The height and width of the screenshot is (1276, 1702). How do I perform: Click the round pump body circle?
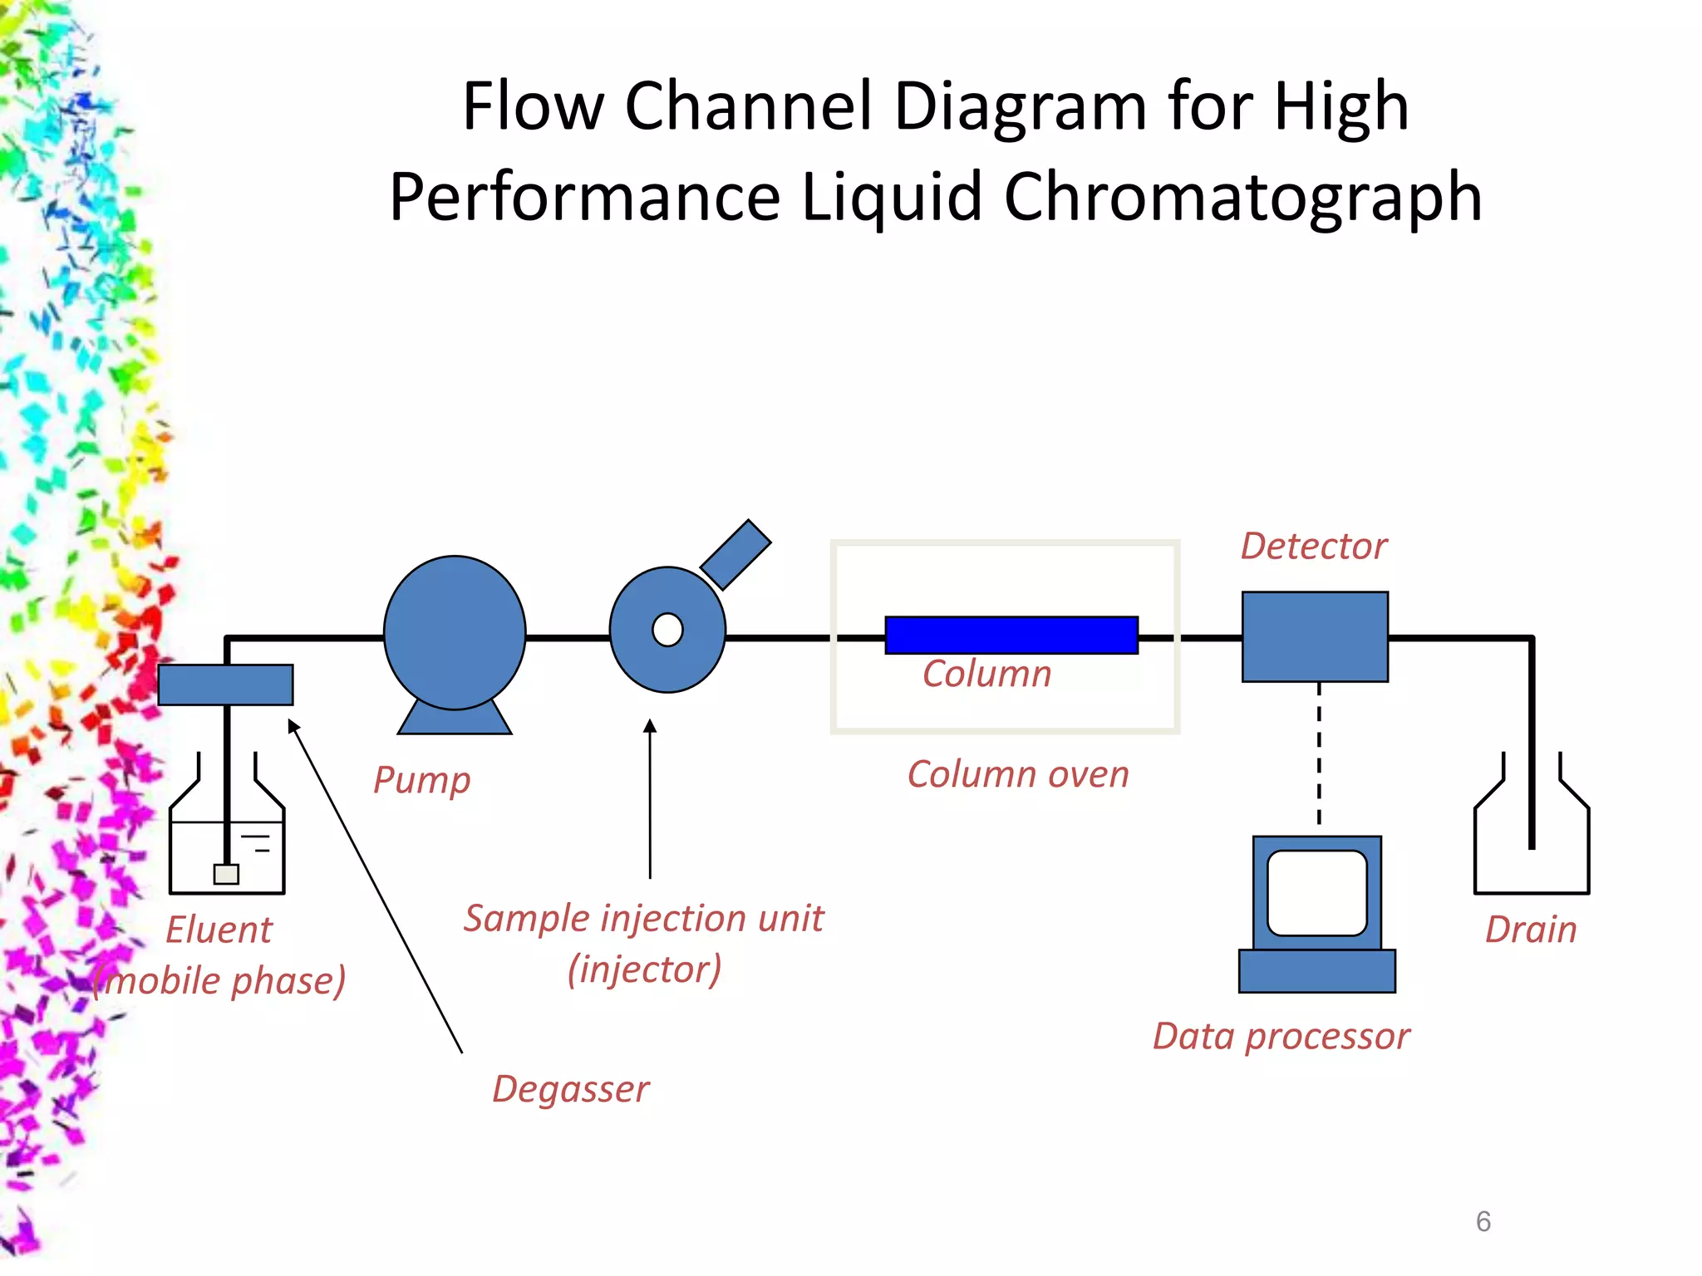point(455,632)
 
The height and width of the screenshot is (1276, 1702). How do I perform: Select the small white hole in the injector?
point(667,630)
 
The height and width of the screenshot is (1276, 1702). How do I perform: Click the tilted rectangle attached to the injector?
point(735,555)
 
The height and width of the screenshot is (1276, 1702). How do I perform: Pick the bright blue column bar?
point(1011,635)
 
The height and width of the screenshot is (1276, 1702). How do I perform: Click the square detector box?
point(1315,636)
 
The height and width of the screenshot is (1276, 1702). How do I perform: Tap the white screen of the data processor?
point(1317,892)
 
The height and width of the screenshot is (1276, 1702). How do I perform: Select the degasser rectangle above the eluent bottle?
point(225,685)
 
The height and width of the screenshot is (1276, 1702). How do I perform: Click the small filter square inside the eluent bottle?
point(226,874)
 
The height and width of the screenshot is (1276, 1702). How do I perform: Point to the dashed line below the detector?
point(1319,752)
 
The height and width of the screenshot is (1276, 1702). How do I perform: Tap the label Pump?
point(422,780)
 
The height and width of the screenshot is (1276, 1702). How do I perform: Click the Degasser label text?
point(571,1088)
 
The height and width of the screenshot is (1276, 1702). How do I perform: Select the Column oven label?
point(1018,774)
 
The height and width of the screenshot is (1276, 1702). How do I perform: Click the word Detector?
point(1314,546)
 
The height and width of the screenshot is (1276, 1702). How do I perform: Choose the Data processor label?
point(1281,1036)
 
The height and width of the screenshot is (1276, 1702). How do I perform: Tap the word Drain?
point(1531,929)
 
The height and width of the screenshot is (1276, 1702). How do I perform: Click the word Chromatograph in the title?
point(1242,197)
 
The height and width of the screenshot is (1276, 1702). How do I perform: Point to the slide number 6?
point(1483,1221)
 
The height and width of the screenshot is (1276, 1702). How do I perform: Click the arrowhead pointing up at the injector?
point(650,726)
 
